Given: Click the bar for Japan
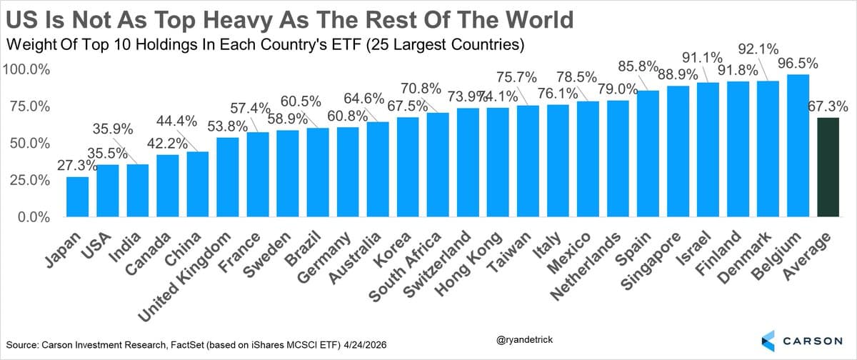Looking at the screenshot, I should click(x=77, y=196).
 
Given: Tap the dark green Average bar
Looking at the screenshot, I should click(x=828, y=167).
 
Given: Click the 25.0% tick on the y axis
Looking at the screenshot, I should click(x=29, y=181).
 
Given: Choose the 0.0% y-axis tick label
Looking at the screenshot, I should click(x=32, y=217).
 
